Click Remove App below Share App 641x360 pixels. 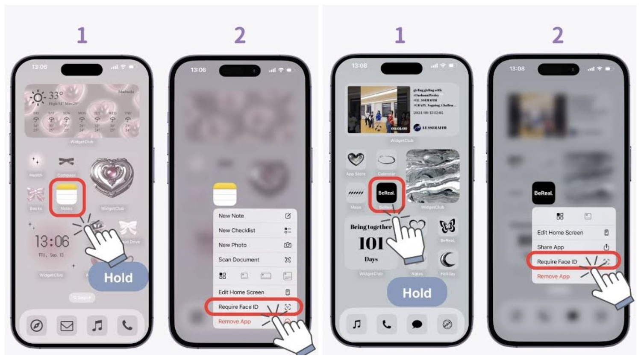(554, 277)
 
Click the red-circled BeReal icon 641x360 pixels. (386, 193)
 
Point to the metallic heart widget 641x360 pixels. (112, 178)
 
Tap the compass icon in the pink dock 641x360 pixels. (37, 326)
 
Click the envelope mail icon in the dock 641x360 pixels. (67, 326)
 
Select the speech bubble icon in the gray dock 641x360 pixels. (417, 325)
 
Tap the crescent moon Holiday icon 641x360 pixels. (447, 259)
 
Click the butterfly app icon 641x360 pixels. (447, 226)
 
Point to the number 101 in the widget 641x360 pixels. (370, 244)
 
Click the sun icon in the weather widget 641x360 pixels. (38, 98)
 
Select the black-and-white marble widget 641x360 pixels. (432, 176)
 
